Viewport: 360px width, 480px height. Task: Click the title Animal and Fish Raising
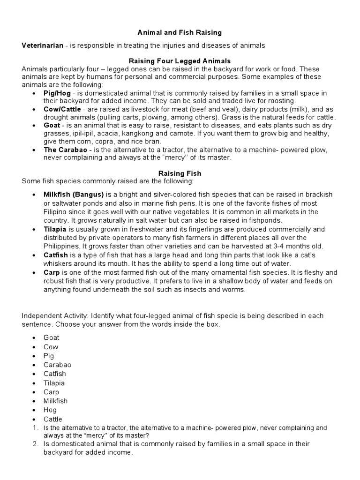[x=180, y=33]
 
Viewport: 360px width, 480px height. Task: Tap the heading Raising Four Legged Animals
[x=180, y=61]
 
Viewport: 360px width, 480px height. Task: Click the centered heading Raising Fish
[x=180, y=173]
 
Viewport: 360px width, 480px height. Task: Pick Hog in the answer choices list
[x=50, y=410]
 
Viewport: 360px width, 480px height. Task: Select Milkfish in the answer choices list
[x=55, y=401]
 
